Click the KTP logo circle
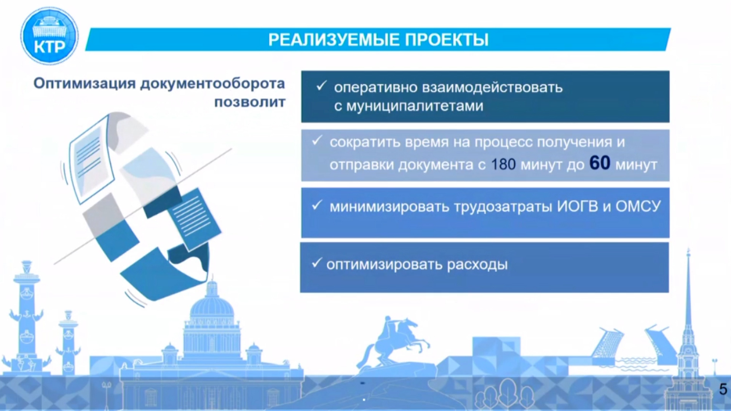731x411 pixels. point(49,36)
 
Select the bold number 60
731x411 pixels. point(600,163)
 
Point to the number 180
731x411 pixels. point(503,164)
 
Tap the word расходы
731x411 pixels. point(477,265)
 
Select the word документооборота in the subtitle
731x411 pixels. point(212,84)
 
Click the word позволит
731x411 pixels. point(250,102)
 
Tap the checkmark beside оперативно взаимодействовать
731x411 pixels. point(321,86)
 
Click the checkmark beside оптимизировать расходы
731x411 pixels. point(317,263)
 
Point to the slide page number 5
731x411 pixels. point(723,389)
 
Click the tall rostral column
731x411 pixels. point(27,316)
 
